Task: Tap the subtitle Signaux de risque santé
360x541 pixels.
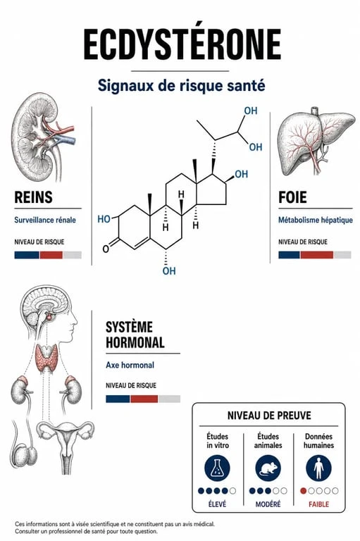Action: tap(181, 85)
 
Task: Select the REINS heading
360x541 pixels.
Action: tap(34, 197)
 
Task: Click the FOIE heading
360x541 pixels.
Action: tap(292, 197)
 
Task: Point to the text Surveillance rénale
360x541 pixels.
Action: tap(45, 220)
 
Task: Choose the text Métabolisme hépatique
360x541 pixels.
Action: tap(316, 220)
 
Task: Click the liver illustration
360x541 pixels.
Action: tap(316, 139)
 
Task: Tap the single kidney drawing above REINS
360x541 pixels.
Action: tap(42, 137)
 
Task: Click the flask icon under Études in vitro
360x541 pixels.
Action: tap(217, 468)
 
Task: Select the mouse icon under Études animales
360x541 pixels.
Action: tap(268, 468)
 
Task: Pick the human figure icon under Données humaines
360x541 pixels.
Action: tap(318, 468)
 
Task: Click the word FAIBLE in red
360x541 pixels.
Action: tap(318, 504)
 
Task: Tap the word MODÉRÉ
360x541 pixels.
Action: tap(268, 504)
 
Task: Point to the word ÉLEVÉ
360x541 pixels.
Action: tap(217, 504)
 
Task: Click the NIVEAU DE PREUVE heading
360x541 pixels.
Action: tap(269, 415)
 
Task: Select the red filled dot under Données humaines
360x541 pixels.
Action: tap(304, 490)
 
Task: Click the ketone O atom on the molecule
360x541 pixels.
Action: tap(106, 249)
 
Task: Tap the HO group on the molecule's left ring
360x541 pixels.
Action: tap(104, 219)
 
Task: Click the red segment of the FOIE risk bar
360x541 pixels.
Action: tap(317, 255)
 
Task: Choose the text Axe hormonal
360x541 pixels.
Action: tap(130, 365)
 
